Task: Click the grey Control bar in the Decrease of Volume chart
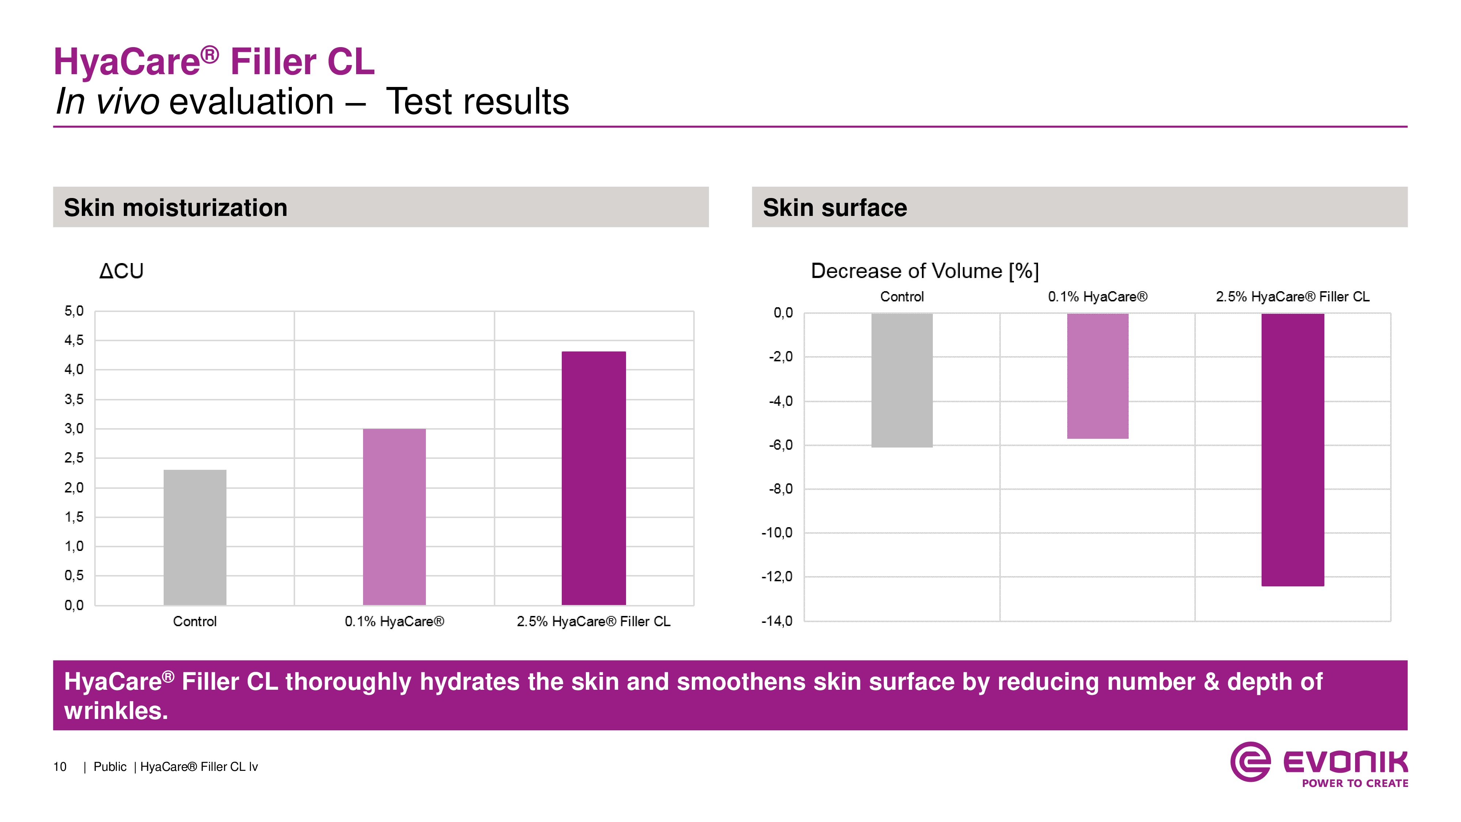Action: tap(902, 380)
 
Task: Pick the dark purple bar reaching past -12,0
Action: tap(1293, 449)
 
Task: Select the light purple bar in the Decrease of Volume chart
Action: tap(1098, 376)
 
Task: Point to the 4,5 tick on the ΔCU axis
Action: tap(74, 340)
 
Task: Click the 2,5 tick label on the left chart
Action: tap(74, 458)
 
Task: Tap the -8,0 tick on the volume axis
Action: tap(781, 489)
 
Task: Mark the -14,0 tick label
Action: tap(777, 621)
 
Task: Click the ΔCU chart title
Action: tap(121, 271)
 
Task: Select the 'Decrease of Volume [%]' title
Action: tap(924, 271)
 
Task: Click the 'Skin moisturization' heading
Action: tap(175, 208)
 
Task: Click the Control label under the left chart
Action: tap(195, 622)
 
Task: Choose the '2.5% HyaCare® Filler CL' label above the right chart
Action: tap(1292, 297)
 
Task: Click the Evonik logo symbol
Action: tap(1250, 762)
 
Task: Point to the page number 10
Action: tap(60, 767)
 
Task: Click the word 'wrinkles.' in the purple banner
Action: tap(116, 711)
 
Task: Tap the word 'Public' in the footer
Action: tap(110, 767)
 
